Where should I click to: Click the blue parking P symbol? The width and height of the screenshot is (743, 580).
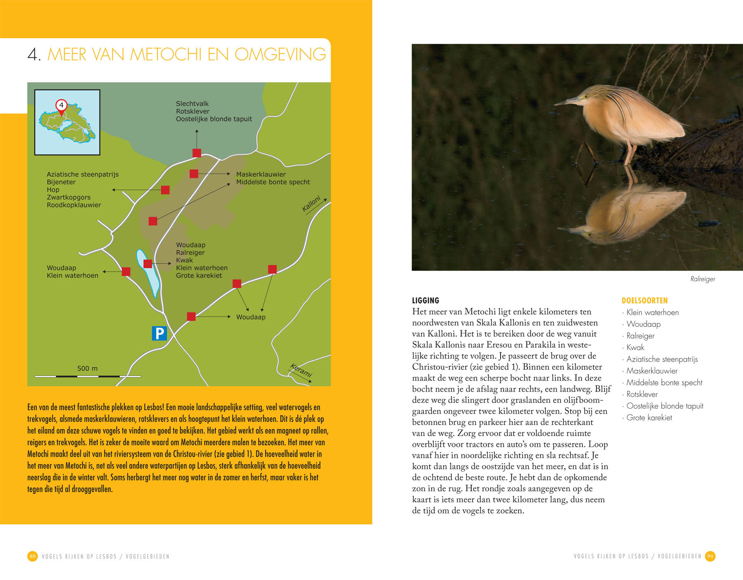pyautogui.click(x=159, y=333)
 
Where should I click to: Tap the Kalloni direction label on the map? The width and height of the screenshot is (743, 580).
pyautogui.click(x=312, y=204)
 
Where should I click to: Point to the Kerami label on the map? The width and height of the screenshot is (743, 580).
pyautogui.click(x=301, y=370)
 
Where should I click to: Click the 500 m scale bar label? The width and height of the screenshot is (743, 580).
pyautogui.click(x=88, y=368)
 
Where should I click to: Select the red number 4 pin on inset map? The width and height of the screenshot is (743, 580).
pyautogui.click(x=61, y=105)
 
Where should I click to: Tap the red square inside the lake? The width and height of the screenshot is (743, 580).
pyautogui.click(x=147, y=264)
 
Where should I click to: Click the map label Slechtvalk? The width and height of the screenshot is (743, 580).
pyautogui.click(x=192, y=104)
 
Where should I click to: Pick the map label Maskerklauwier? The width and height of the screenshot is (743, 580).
pyautogui.click(x=261, y=174)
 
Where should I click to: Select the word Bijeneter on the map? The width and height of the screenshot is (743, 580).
pyautogui.click(x=61, y=182)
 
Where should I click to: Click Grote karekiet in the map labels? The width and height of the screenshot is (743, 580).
pyautogui.click(x=199, y=276)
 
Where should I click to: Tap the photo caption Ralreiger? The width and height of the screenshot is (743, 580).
pyautogui.click(x=703, y=279)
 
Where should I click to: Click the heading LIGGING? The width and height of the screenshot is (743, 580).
pyautogui.click(x=426, y=300)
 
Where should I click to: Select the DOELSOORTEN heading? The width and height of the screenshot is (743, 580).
pyautogui.click(x=644, y=300)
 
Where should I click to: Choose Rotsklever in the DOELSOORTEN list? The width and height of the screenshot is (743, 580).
pyautogui.click(x=642, y=394)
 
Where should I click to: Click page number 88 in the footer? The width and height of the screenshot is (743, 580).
pyautogui.click(x=33, y=556)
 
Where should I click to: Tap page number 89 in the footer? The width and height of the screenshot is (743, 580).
pyautogui.click(x=710, y=556)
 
